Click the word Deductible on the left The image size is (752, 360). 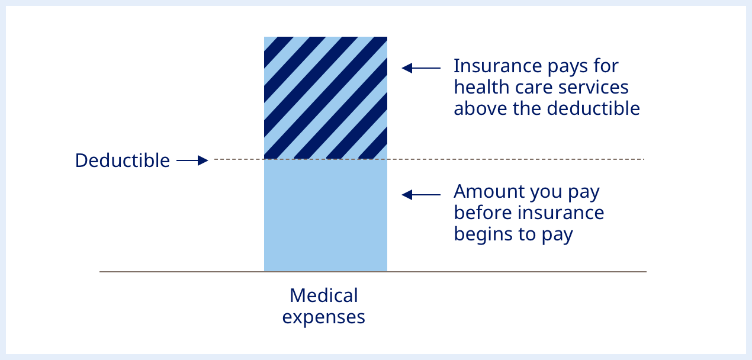tap(123, 160)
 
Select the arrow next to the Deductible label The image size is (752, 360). tap(192, 160)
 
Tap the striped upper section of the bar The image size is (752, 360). tap(326, 98)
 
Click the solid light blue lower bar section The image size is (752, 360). tap(326, 216)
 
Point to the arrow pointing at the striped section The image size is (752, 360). tap(420, 68)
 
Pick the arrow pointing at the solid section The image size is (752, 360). tap(420, 194)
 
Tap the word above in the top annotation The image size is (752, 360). tap(477, 109)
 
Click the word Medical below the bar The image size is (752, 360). tap(324, 295)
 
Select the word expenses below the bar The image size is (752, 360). tap(323, 317)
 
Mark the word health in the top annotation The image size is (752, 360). tap(477, 87)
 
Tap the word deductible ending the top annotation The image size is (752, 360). tap(593, 109)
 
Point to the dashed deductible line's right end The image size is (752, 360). tap(642, 159)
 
